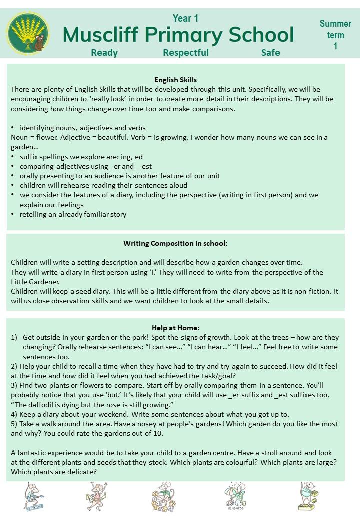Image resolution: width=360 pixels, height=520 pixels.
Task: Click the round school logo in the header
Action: [27, 34]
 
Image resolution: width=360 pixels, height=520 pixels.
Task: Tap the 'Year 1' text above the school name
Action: [186, 18]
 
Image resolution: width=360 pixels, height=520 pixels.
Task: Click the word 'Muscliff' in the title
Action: [101, 35]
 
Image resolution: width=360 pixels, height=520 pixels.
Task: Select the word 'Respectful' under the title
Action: [186, 52]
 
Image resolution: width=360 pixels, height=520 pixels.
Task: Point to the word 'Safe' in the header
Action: [270, 52]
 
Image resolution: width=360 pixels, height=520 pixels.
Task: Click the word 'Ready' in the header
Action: [104, 52]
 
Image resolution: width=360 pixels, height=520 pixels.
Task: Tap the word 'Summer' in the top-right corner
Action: [335, 24]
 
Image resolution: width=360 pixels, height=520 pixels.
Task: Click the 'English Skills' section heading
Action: [175, 80]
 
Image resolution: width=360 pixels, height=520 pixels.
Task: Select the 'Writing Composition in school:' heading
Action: [175, 243]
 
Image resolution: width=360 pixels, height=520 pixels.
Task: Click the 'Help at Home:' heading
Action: [175, 328]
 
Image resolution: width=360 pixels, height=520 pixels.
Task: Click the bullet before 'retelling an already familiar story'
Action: [13, 215]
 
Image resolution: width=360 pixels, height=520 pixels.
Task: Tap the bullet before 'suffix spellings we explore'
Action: [13, 157]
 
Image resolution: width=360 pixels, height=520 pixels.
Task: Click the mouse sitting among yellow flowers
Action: [163, 497]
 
